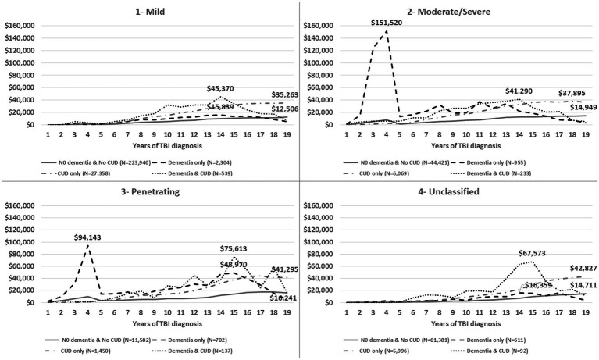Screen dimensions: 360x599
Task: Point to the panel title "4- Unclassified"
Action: pos(448,191)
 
